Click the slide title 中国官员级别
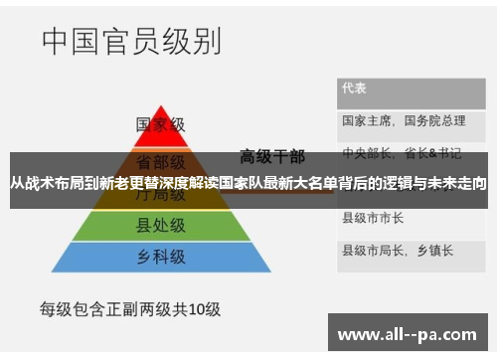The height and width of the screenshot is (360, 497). click(x=131, y=42)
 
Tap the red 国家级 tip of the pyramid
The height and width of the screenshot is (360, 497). click(x=160, y=125)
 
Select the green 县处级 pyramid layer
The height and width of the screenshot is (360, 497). click(x=160, y=227)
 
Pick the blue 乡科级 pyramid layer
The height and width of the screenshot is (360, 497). click(x=160, y=258)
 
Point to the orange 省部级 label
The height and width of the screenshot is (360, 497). click(x=160, y=160)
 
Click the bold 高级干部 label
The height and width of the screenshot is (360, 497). click(x=272, y=156)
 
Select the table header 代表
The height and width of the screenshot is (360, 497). click(x=355, y=88)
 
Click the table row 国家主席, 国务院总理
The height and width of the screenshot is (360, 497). click(x=404, y=120)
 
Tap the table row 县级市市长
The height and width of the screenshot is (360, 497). click(x=373, y=217)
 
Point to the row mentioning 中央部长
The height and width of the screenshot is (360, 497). click(x=402, y=153)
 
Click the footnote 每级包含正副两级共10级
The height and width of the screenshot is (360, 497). click(x=130, y=309)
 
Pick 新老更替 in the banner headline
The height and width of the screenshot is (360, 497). click(x=125, y=184)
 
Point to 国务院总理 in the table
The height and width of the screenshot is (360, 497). click(x=434, y=120)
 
